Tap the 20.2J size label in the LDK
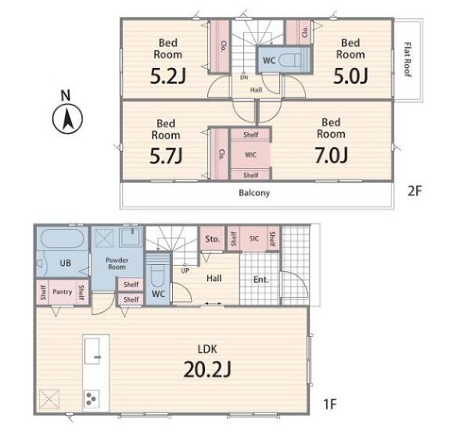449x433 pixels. [207, 369]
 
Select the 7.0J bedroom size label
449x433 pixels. [332, 155]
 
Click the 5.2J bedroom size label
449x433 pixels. [168, 76]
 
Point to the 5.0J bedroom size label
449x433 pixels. [350, 76]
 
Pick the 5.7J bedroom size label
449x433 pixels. [166, 156]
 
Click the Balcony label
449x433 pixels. [254, 193]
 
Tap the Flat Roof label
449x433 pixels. [408, 59]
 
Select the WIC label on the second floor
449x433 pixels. [250, 155]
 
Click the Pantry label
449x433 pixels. [62, 292]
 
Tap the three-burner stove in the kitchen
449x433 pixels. [92, 399]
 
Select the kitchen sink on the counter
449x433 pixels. [92, 351]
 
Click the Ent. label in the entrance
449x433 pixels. [260, 279]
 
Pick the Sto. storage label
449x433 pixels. [212, 239]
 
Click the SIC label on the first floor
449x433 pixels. [254, 238]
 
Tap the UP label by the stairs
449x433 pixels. [185, 270]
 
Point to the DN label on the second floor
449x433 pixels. [244, 77]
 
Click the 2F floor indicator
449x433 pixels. [415, 191]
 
